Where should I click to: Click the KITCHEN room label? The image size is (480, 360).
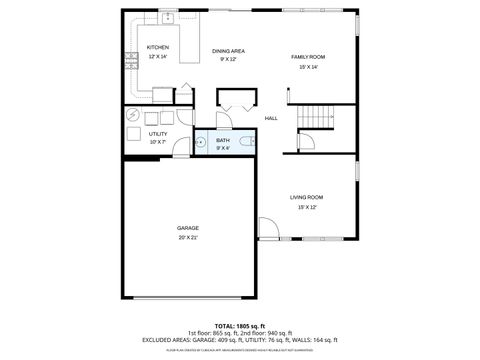158,47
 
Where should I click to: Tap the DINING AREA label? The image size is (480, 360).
228,51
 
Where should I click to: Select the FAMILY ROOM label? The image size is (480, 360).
308,57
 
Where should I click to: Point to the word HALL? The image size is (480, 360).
271,119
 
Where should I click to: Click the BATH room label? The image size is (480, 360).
223,141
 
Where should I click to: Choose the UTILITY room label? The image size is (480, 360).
158,133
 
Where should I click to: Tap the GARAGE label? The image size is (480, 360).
188,228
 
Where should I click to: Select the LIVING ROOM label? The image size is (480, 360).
306,197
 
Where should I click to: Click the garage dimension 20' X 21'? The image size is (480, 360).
188,238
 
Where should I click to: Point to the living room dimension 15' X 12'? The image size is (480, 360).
306,208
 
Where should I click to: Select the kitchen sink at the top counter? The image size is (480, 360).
168,17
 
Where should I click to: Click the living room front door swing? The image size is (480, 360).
267,229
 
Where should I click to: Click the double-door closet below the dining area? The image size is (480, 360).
235,100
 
